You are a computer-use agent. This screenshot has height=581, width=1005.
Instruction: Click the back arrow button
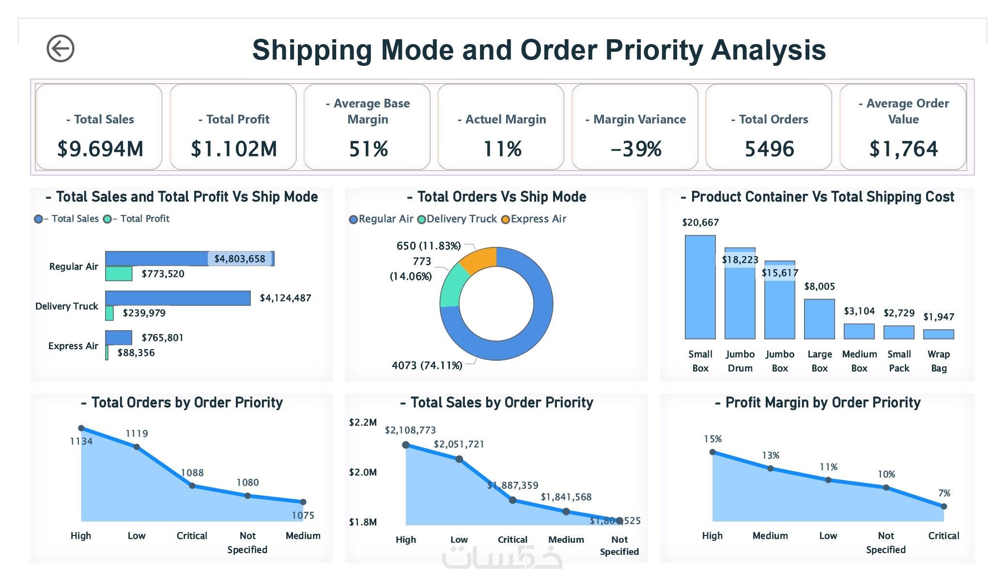click(x=60, y=48)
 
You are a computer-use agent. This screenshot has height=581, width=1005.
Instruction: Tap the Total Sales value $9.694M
click(x=100, y=149)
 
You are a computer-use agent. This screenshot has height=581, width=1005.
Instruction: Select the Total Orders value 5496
click(x=769, y=149)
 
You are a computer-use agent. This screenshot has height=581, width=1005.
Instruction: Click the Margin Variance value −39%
click(x=636, y=149)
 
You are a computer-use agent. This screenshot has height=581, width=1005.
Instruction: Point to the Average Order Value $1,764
click(x=903, y=149)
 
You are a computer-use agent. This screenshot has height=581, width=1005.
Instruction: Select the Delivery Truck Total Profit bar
click(x=109, y=313)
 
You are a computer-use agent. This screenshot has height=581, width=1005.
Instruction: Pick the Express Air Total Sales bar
click(x=119, y=337)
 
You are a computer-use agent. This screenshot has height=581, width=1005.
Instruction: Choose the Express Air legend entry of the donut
click(x=534, y=219)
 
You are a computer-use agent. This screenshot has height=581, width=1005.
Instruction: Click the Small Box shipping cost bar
click(x=700, y=287)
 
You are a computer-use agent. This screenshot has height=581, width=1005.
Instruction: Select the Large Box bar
click(x=819, y=319)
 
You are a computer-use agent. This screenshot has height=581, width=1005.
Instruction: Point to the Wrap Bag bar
click(x=938, y=334)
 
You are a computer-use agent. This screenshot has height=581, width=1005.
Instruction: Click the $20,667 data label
click(x=700, y=223)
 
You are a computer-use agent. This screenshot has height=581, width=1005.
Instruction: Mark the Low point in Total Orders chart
click(x=137, y=447)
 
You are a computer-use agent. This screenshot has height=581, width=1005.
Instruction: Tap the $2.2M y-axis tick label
click(x=363, y=423)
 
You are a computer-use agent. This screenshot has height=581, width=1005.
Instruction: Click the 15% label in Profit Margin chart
click(x=712, y=439)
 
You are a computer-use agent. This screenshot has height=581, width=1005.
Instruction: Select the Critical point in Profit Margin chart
click(x=943, y=506)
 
